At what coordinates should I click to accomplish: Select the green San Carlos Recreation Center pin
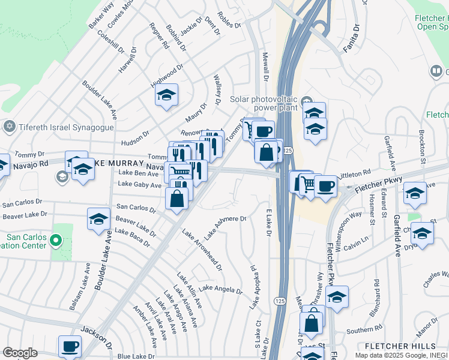coord(56,241)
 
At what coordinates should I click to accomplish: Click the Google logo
coord(20,353)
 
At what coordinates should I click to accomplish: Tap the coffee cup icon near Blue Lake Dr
coord(70,346)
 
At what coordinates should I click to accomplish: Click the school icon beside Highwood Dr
coord(166,95)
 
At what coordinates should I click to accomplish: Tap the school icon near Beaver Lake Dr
coord(98,219)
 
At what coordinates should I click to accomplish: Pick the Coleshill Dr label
coord(113,43)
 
